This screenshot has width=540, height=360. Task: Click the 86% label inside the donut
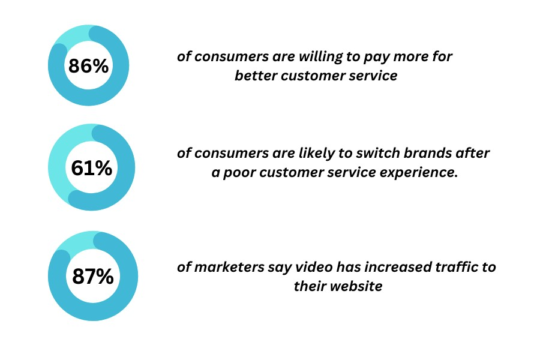(x=89, y=66)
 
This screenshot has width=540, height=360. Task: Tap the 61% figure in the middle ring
(x=92, y=168)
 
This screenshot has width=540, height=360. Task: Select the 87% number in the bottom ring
(x=93, y=276)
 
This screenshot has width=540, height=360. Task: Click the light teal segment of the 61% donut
(x=59, y=162)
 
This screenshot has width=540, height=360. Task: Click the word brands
(x=427, y=153)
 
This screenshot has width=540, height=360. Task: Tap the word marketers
(x=229, y=268)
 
